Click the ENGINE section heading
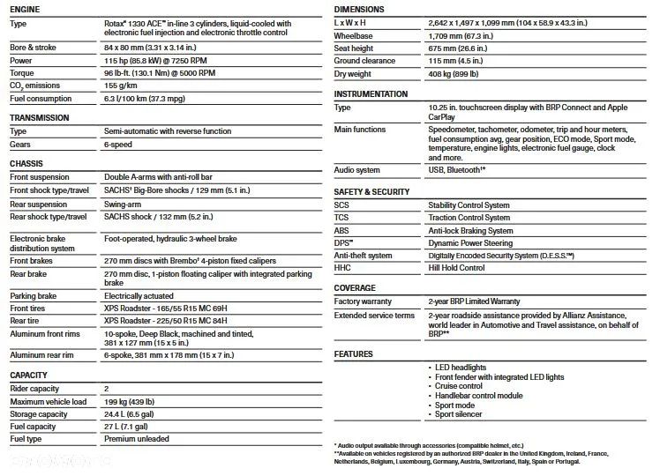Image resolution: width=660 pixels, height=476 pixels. click(x=24, y=9)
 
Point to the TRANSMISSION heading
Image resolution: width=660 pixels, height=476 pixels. click(x=40, y=117)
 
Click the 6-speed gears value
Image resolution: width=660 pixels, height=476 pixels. click(x=118, y=144)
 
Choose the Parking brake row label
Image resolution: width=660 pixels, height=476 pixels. click(x=35, y=295)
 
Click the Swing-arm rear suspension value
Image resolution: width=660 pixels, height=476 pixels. click(x=124, y=204)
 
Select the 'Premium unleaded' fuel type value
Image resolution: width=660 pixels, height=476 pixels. click(x=136, y=439)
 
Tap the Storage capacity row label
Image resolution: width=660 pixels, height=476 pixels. click(x=38, y=413)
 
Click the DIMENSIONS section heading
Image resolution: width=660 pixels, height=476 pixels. click(x=359, y=9)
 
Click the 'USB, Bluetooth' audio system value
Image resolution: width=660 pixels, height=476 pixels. click(x=457, y=169)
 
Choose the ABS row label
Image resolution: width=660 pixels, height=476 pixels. click(x=342, y=230)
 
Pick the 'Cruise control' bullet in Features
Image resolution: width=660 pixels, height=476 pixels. click(x=459, y=385)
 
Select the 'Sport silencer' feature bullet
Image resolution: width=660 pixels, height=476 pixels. click(x=459, y=414)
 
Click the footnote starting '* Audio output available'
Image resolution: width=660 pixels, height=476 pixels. click(x=428, y=445)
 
